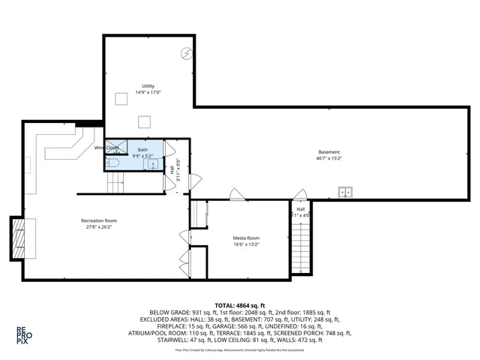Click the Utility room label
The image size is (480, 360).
148,86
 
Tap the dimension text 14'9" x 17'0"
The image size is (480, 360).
148,92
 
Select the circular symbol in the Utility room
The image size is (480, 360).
186,52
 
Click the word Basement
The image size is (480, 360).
328,152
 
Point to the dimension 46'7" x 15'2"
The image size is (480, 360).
328,158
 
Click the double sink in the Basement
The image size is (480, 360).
345,192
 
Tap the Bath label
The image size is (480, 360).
142,150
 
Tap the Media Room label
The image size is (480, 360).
245,238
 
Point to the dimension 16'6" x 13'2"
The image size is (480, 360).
245,244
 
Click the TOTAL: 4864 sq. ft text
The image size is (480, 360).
240,305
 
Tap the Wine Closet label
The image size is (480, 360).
106,148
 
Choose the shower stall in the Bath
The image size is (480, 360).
117,148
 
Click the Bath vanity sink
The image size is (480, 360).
153,163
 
